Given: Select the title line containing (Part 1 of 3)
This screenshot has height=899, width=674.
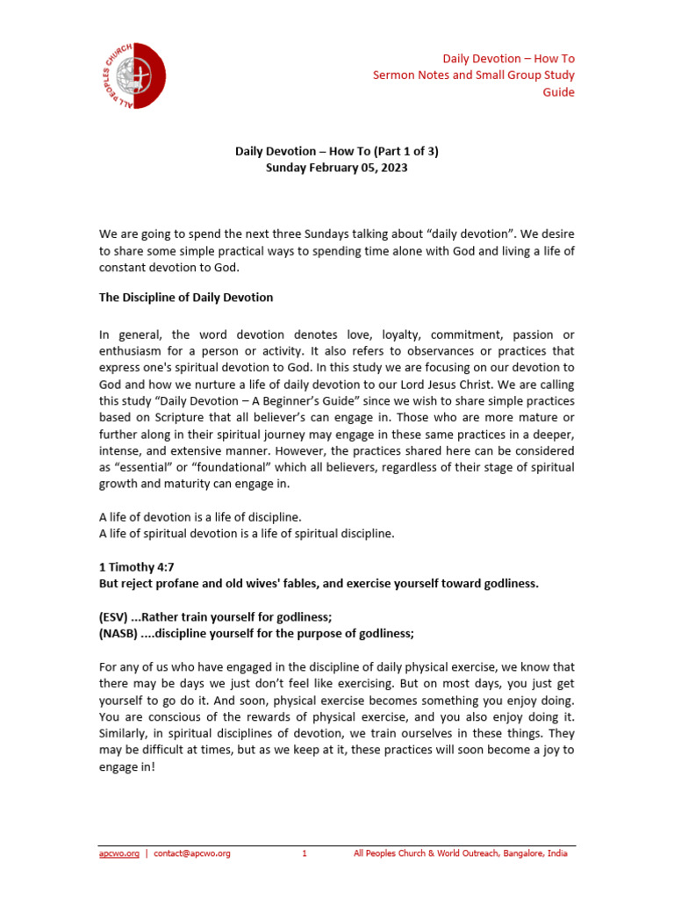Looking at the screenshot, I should tap(337, 151).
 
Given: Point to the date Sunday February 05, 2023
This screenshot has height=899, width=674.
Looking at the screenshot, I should tap(337, 168).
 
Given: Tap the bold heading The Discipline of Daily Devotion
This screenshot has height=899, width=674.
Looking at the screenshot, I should tap(185, 298).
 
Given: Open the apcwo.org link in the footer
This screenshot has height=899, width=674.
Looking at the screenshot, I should tap(118, 853).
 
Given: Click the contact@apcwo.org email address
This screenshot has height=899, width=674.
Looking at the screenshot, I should tap(192, 853).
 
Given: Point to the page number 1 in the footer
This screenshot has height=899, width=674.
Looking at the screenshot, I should tap(304, 853).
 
